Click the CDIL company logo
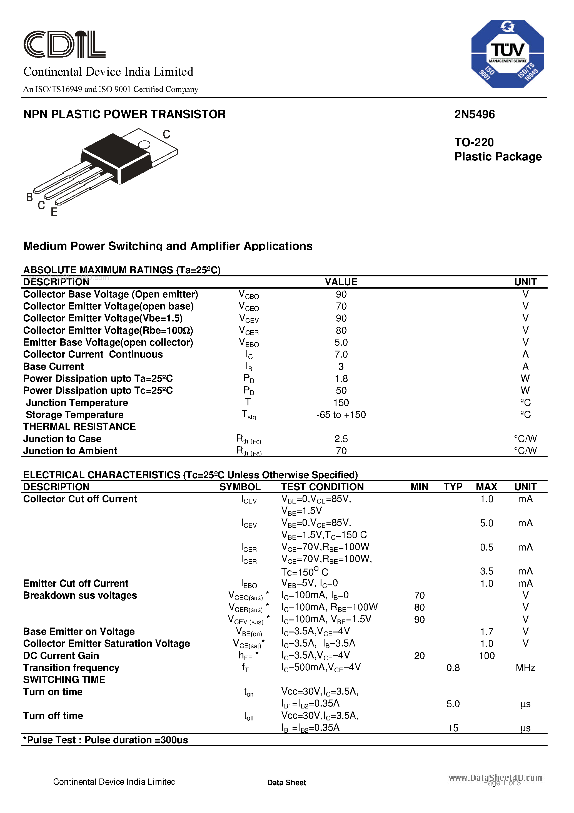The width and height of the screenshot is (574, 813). [x=64, y=44]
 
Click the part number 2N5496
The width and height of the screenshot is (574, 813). [x=474, y=114]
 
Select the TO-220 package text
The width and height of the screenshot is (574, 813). [x=474, y=142]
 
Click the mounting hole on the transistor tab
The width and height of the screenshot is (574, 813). [x=144, y=145]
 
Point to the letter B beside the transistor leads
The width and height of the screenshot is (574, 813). [x=29, y=197]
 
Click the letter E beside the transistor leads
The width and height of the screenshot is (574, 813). [x=54, y=212]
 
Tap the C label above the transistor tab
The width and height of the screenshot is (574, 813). [x=166, y=134]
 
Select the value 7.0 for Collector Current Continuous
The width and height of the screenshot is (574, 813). [x=341, y=355]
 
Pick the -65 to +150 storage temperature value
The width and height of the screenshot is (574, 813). [x=341, y=415]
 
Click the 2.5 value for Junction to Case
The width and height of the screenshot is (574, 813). [x=341, y=439]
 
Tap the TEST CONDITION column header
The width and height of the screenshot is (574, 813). [x=322, y=487]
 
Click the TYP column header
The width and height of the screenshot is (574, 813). [x=453, y=487]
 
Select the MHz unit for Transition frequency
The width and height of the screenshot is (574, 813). [x=525, y=668]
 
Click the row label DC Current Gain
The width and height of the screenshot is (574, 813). [x=61, y=656]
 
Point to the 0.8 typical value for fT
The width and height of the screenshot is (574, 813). [x=453, y=668]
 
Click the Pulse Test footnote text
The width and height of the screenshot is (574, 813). [x=106, y=740]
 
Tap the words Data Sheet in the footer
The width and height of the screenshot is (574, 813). [x=286, y=782]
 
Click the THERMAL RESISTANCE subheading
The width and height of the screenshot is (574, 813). [x=79, y=427]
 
